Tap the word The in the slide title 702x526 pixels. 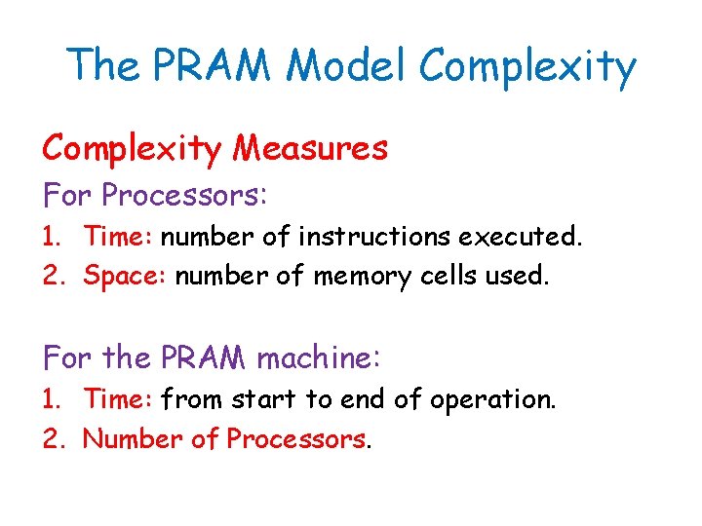[x=102, y=66]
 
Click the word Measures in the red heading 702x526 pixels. [x=312, y=148]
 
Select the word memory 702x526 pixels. [x=360, y=277]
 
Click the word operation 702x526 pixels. [x=497, y=399]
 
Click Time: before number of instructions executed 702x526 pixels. [x=119, y=236]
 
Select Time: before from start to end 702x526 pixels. [x=119, y=398]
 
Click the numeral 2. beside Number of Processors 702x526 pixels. [x=55, y=439]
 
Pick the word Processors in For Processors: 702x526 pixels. [x=183, y=195]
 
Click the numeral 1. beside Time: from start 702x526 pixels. [x=55, y=398]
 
